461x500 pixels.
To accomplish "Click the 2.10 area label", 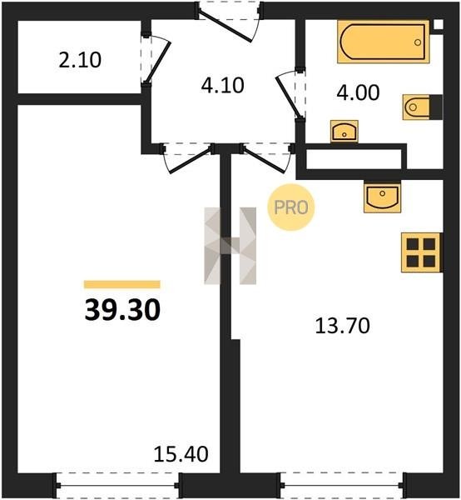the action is (80, 60).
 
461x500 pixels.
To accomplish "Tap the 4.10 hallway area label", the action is (222, 86).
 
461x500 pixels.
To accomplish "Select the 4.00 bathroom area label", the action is (358, 92).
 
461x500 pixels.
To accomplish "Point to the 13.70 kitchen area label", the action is (342, 326).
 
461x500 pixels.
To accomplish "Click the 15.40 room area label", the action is (181, 454).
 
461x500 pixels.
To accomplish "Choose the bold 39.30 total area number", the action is (122, 310).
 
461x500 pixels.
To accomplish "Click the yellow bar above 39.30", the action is (122, 284).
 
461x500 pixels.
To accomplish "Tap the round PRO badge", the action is (291, 207).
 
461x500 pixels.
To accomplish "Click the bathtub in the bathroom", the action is (383, 42).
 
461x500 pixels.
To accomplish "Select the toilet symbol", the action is (422, 107).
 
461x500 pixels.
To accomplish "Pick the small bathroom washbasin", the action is (345, 131).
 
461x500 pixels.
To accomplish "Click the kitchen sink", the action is (382, 197).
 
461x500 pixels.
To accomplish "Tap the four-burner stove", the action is (422, 252).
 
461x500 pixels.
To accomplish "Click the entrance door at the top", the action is (229, 22).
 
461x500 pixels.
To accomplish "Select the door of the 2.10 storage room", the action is (156, 60).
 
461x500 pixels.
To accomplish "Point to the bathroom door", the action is (290, 95).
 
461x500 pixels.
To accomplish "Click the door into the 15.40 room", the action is (188, 158).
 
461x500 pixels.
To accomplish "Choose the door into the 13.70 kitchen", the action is (267, 158).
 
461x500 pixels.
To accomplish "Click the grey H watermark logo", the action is (230, 246).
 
